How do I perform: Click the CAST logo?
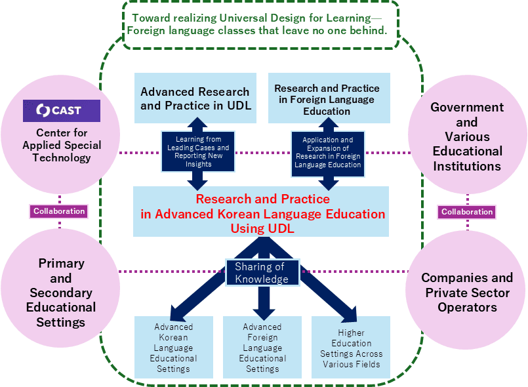click(x=61, y=111)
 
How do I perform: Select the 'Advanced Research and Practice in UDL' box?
click(x=195, y=98)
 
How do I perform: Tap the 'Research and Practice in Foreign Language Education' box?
click(x=327, y=98)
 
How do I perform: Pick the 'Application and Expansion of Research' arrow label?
click(x=328, y=152)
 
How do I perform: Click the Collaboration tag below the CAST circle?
click(x=60, y=211)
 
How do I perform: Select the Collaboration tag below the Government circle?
click(x=467, y=212)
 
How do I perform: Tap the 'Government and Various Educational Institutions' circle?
click(x=467, y=136)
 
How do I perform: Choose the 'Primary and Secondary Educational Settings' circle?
click(x=61, y=292)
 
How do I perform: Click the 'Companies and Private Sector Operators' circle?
click(x=467, y=292)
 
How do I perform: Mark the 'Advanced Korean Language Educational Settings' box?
click(x=173, y=347)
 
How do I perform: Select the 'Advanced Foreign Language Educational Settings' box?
click(x=262, y=347)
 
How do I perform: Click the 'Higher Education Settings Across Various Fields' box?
click(x=351, y=347)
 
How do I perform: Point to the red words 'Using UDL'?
click(x=261, y=228)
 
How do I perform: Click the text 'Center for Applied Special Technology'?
click(x=60, y=145)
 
